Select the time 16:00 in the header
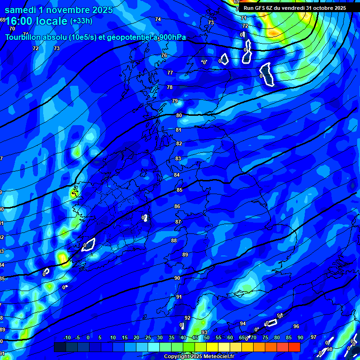21,22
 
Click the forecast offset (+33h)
81,21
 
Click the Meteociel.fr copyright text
199,356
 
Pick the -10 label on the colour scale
67,337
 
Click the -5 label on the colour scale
77,337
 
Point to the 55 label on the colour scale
218,337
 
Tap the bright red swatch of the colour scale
294,347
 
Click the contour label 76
164,55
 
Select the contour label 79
175,101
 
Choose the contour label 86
177,206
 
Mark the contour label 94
243,323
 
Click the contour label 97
314,337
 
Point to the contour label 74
158,19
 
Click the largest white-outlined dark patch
268,74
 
